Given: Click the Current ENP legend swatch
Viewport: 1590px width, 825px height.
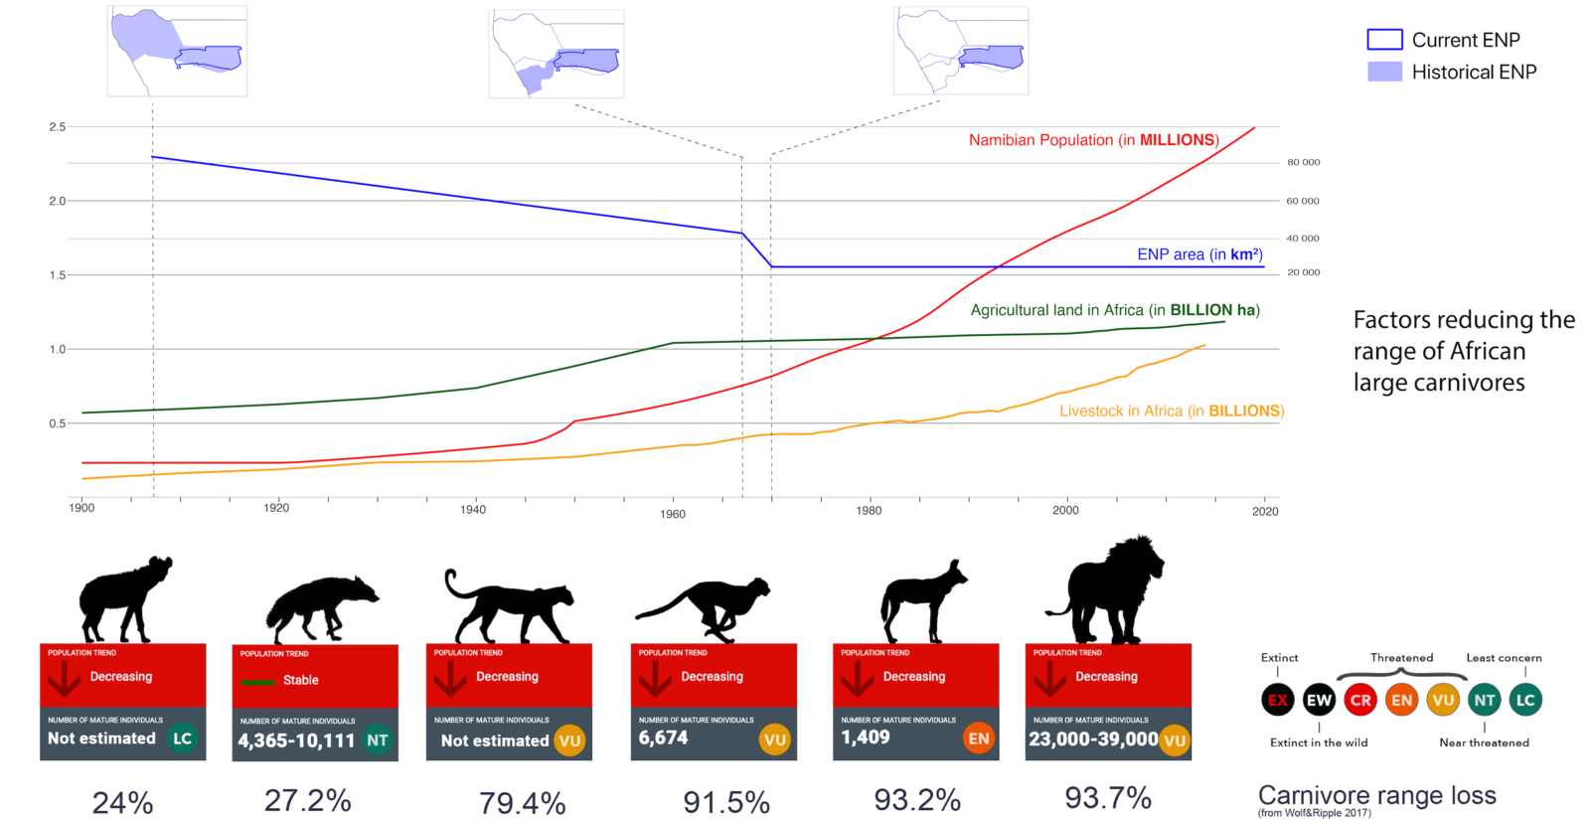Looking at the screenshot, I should (1384, 40).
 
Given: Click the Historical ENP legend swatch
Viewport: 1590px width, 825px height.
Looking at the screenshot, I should (1384, 72).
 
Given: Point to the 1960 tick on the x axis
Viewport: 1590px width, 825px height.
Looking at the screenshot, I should (673, 514).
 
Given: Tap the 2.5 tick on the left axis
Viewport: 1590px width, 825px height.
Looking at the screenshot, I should (57, 127).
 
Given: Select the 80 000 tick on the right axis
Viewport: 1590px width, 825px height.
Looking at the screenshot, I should (1303, 162).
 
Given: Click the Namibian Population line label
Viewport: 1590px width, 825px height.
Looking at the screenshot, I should (1093, 140).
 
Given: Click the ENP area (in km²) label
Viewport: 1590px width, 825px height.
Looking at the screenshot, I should (1199, 254).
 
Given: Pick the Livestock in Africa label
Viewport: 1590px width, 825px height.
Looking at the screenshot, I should (1171, 411).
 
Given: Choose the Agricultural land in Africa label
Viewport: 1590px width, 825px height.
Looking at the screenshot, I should (1114, 310).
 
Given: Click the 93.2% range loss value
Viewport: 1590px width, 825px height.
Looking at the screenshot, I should (916, 800).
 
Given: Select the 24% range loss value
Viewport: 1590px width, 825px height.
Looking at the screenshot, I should (122, 802).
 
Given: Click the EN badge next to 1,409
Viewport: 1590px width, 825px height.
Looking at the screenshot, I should (978, 739).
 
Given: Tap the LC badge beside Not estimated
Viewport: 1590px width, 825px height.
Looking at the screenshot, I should (182, 739).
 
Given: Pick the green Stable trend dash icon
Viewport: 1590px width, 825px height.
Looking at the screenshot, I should (258, 682).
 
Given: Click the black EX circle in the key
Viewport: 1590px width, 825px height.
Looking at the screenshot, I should (1278, 700).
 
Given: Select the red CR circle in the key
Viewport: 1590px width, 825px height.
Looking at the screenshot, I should (1360, 700).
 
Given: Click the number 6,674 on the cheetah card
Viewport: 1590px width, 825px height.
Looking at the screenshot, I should (663, 738).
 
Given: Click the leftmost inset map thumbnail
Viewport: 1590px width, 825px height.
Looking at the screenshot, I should (177, 51).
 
